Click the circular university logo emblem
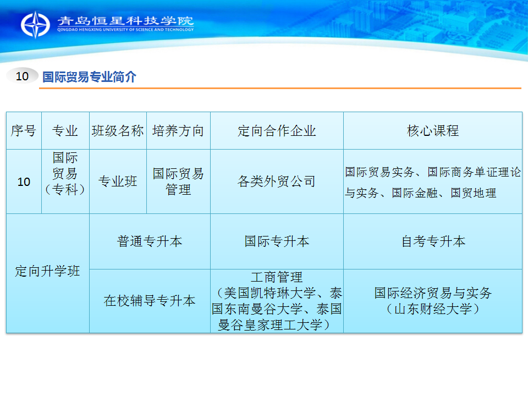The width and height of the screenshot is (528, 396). pos(35,25)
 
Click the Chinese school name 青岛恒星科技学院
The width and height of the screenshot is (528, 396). pos(125,21)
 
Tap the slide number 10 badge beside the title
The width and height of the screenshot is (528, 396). pos(22,76)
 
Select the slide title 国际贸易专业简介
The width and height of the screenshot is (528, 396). pos(89,77)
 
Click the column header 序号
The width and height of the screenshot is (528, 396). pos(24,131)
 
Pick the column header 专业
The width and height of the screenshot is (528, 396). pos(65,131)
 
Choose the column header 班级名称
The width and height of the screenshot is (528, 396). pos(118,131)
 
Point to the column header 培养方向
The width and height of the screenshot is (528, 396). pos(178,131)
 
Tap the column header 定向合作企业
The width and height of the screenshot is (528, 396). pos(277,131)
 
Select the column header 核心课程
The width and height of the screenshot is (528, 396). pos(433,131)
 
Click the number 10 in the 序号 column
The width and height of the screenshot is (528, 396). pos(24,182)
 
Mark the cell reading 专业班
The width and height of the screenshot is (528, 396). pos(118,182)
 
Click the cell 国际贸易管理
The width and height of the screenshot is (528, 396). pos(178,182)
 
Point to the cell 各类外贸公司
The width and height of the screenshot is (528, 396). pos(277,182)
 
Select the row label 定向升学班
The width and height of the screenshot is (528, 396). pos(47,271)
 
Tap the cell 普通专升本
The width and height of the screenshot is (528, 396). pos(150,241)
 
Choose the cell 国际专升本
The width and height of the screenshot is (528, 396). pos(277,241)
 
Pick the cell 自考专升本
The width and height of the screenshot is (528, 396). pos(433,241)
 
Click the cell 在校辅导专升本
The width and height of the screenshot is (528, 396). pos(150,301)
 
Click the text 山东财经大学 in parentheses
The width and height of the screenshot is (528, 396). pos(433,309)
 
